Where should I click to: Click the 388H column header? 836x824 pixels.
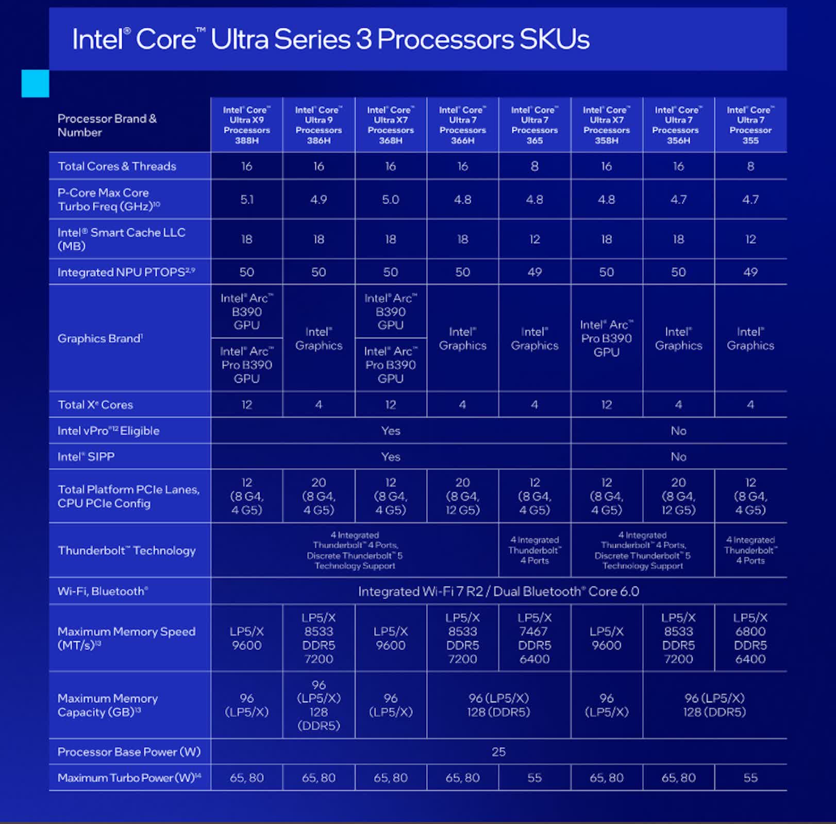click(246, 125)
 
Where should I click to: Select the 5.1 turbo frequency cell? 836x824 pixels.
click(246, 199)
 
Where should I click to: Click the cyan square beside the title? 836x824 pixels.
click(35, 83)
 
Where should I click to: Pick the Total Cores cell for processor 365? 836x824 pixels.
click(534, 166)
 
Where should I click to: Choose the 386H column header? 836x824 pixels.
click(319, 125)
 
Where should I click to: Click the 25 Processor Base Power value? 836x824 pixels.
click(498, 752)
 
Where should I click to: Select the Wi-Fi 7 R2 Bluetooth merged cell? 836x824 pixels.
click(498, 591)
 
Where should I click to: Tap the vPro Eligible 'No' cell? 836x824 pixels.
click(678, 431)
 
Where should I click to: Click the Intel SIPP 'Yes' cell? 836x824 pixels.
click(390, 457)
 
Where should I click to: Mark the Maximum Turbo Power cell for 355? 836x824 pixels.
click(750, 778)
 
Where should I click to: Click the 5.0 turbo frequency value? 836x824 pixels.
click(390, 199)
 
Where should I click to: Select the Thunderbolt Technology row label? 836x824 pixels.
click(127, 551)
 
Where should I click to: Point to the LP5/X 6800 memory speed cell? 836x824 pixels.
click(750, 638)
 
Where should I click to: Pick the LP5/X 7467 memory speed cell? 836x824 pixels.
click(534, 638)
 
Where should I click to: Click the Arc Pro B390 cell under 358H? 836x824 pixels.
click(606, 338)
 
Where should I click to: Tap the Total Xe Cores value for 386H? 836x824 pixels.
click(319, 405)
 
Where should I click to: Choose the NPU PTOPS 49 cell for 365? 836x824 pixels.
click(534, 272)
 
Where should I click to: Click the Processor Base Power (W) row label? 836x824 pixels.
click(129, 752)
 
